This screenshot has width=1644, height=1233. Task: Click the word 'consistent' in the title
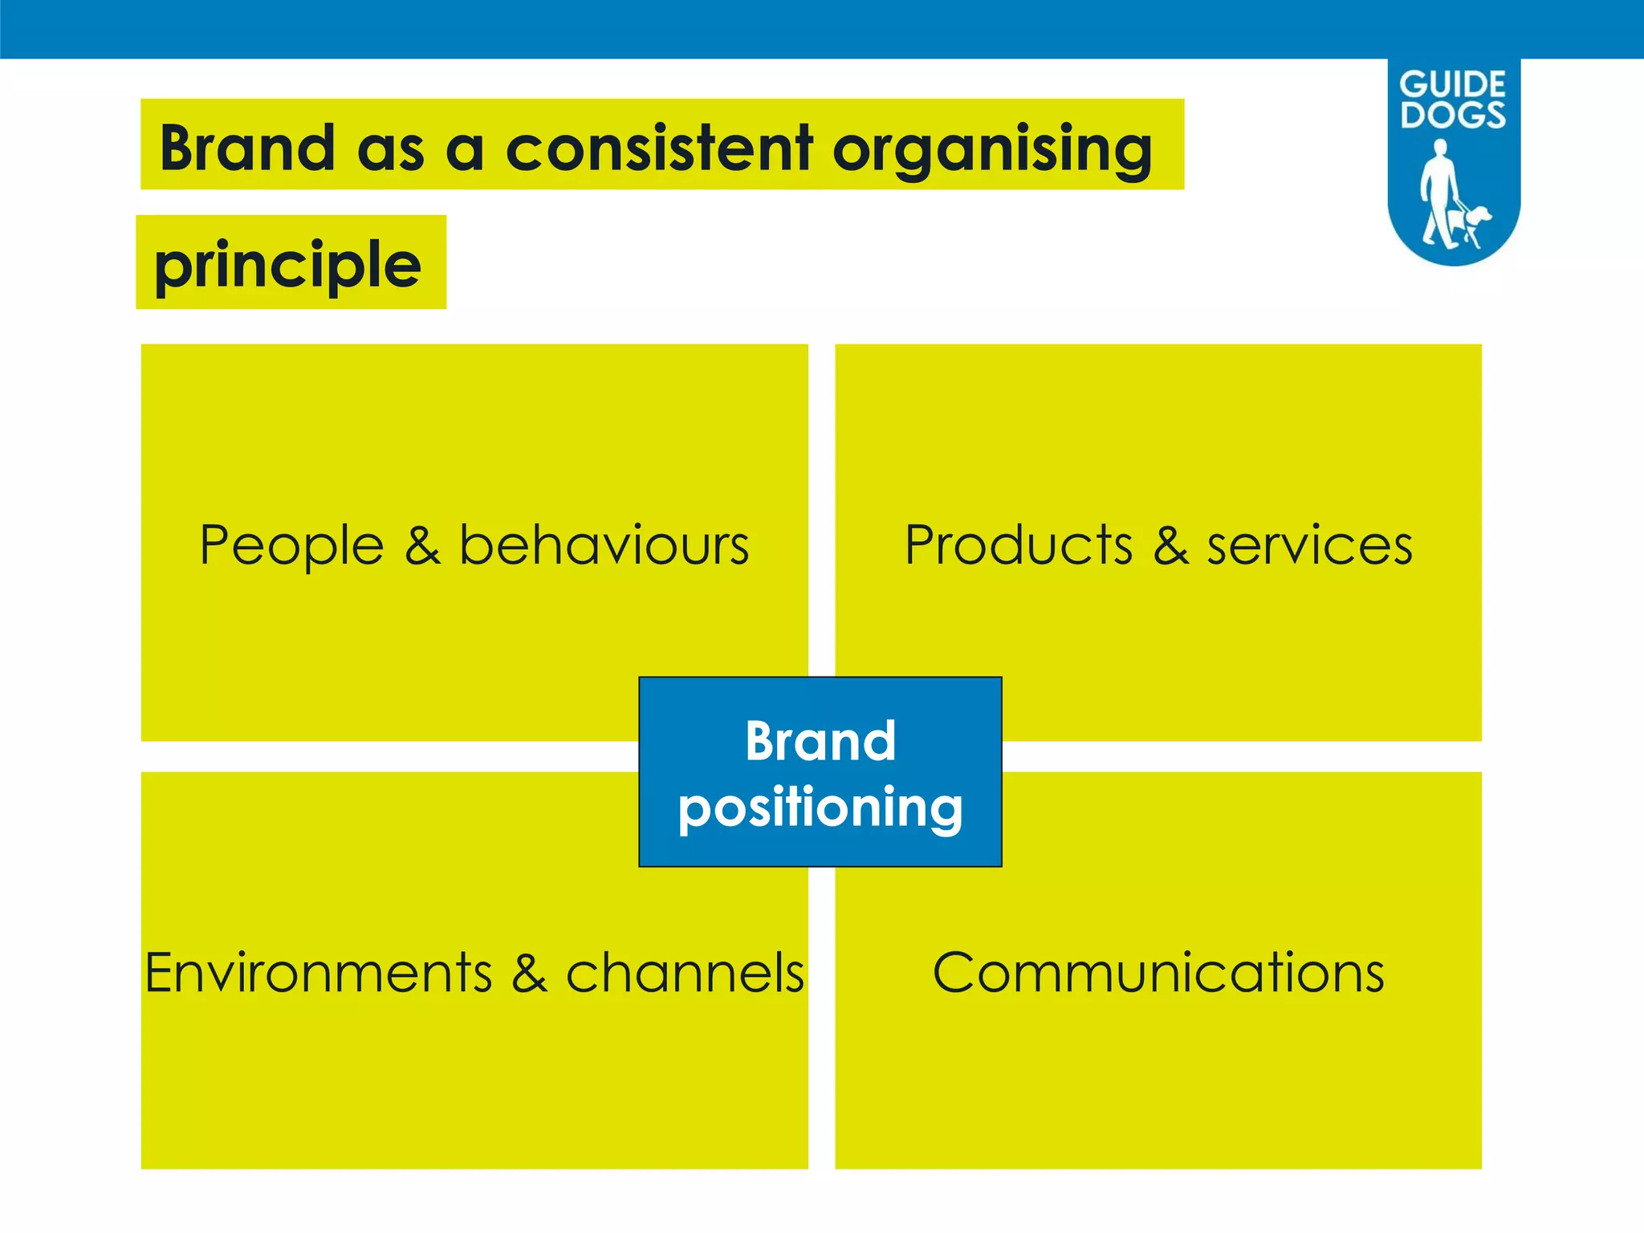[659, 149]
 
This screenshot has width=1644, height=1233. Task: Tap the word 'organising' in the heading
[993, 150]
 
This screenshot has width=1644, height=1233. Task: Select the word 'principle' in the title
[287, 266]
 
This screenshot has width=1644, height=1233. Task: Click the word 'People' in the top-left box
[291, 546]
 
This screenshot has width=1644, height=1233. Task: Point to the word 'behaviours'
[604, 545]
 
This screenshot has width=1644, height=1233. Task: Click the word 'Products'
[1018, 545]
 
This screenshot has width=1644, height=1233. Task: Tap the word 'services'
[1309, 546]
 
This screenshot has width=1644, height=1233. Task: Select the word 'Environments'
[318, 973]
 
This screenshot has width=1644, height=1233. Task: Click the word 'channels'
[685, 973]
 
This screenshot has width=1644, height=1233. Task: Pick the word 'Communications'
[1158, 973]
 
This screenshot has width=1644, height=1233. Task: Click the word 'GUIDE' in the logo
[1452, 84]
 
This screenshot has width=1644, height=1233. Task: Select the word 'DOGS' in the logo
[1453, 114]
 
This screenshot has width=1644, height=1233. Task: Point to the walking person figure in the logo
[1437, 193]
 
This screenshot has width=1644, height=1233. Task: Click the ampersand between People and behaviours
[422, 546]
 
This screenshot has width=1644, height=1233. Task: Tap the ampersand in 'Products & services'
[1170, 546]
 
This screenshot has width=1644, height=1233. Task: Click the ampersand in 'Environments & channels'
[529, 973]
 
